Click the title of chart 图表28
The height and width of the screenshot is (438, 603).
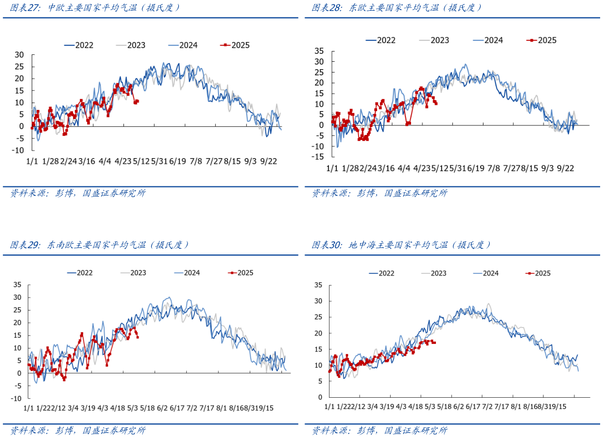[397, 8]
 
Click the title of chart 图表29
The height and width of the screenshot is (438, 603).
[100, 245]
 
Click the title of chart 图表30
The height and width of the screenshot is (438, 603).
[401, 245]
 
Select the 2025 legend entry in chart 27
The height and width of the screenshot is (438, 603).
[236, 45]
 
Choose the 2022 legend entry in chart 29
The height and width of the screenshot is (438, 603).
[80, 273]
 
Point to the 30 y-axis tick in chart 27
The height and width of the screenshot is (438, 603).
[19, 54]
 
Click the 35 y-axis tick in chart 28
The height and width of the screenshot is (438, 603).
[319, 50]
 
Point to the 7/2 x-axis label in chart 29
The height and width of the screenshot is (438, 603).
[191, 408]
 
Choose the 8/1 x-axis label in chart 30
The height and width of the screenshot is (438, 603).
[515, 407]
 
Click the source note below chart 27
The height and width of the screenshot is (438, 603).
[78, 194]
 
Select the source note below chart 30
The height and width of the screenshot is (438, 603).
[379, 431]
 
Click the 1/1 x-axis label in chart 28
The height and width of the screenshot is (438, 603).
[332, 168]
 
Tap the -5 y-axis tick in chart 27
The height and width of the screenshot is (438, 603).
[19, 138]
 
